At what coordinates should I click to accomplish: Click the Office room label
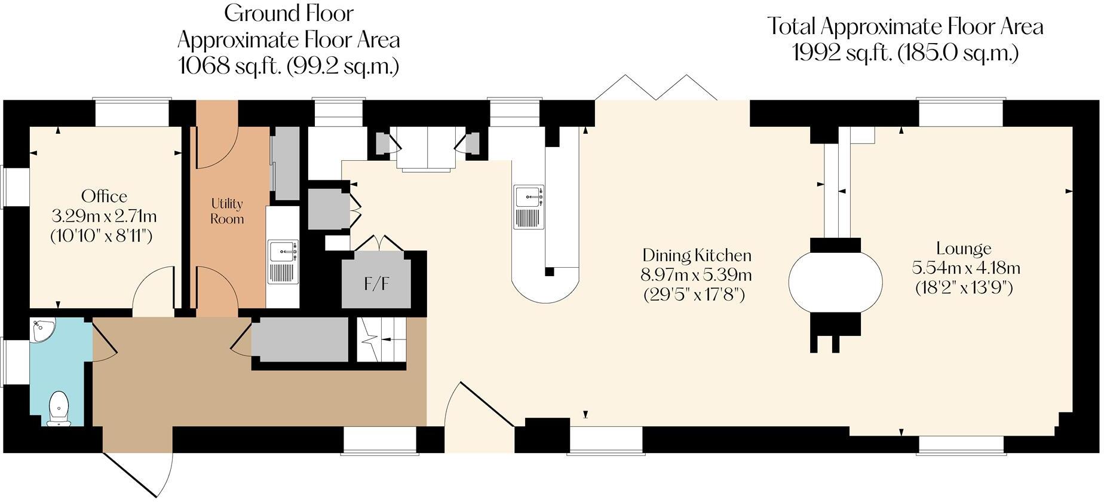pyautogui.click(x=105, y=197)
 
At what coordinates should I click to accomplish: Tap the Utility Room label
pyautogui.click(x=227, y=211)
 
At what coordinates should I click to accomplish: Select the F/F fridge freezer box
pyautogui.click(x=377, y=282)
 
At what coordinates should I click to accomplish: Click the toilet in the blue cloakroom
pyautogui.click(x=59, y=409)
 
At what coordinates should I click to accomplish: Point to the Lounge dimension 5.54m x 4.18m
pyautogui.click(x=964, y=268)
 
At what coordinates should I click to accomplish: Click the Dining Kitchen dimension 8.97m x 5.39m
pyautogui.click(x=697, y=276)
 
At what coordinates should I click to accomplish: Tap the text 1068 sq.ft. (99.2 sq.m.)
pyautogui.click(x=289, y=65)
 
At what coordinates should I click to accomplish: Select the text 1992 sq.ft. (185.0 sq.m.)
pyautogui.click(x=905, y=53)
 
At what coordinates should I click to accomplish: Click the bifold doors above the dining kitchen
pyautogui.click(x=657, y=88)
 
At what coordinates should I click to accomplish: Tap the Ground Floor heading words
pyautogui.click(x=289, y=13)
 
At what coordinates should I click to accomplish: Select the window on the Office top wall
pyautogui.click(x=133, y=113)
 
